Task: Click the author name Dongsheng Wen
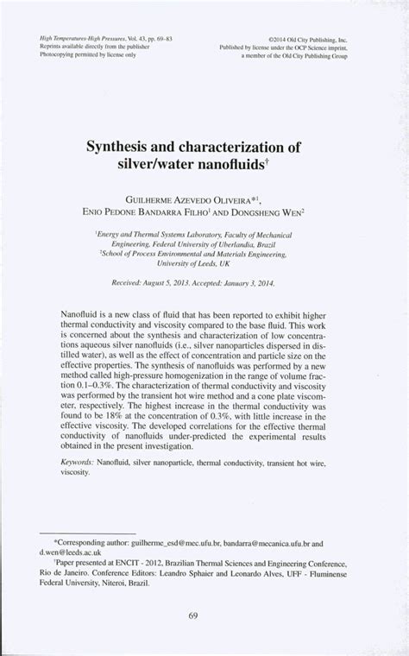pos(279,209)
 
